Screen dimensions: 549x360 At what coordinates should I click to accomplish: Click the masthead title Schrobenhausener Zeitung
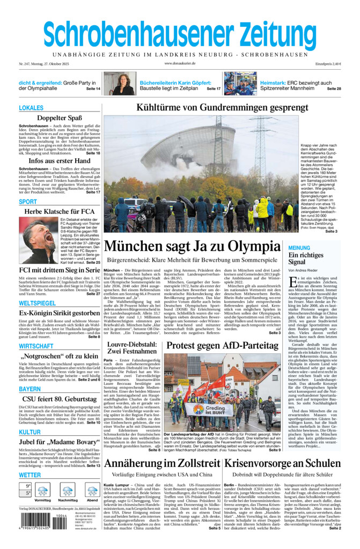180,33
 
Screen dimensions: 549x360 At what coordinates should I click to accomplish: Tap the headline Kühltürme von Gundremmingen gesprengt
222,107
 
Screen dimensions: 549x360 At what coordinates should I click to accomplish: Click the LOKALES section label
31,108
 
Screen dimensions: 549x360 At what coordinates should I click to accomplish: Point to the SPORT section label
28,202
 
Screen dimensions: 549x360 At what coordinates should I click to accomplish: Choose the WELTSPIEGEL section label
37,303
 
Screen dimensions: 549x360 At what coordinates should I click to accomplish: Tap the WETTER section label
30,475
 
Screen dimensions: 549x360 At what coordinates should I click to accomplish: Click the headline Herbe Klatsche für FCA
60,211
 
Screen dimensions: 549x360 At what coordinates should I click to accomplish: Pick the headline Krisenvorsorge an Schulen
286,464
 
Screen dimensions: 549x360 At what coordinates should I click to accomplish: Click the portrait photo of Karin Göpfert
120,84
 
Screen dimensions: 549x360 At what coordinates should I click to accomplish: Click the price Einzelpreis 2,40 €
328,64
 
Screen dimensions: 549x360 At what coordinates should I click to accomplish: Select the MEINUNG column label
299,248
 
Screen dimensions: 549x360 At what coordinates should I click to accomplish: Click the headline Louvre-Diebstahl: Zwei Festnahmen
131,348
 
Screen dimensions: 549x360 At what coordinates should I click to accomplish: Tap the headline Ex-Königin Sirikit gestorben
60,313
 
